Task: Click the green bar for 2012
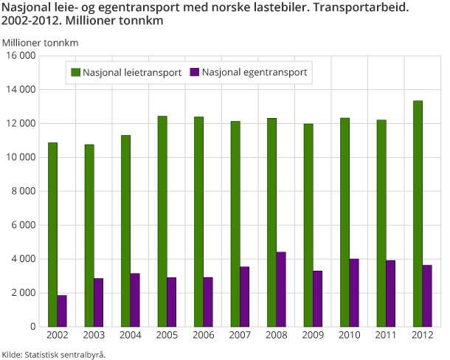tap(418, 213)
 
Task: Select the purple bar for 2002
tap(62, 311)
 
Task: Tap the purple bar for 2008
tap(281, 289)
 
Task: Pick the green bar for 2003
tap(89, 235)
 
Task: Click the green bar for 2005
tap(162, 221)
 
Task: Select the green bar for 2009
tap(308, 225)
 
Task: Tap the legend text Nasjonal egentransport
tap(254, 72)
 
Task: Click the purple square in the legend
tap(195, 72)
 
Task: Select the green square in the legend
tap(75, 72)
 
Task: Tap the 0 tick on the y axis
tap(33, 327)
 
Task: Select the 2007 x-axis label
tap(240, 336)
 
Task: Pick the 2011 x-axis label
tap(386, 336)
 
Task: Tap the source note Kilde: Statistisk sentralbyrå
tap(54, 354)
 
